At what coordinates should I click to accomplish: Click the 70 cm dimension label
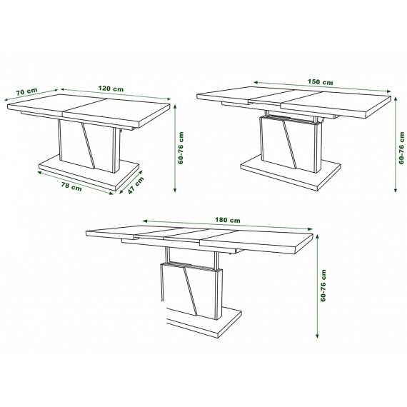pyautogui.click(x=26, y=91)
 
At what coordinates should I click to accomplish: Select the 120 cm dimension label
pyautogui.click(x=111, y=89)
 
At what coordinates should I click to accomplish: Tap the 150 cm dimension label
pyautogui.click(x=321, y=82)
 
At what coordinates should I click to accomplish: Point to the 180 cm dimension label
pyautogui.click(x=228, y=220)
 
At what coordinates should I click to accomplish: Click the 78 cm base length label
pyautogui.click(x=71, y=186)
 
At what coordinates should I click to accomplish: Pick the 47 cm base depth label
pyautogui.click(x=136, y=186)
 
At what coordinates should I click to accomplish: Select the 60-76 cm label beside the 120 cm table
pyautogui.click(x=181, y=148)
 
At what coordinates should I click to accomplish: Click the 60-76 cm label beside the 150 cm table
pyautogui.click(x=401, y=148)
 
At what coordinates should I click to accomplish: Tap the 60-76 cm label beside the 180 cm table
pyautogui.click(x=323, y=286)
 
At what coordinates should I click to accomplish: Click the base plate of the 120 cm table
pyautogui.click(x=89, y=174)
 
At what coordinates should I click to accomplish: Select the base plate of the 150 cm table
pyautogui.click(x=290, y=171)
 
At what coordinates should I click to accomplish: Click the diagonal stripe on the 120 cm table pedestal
pyautogui.click(x=89, y=146)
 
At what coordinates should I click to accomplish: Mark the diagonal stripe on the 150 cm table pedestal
pyautogui.click(x=289, y=144)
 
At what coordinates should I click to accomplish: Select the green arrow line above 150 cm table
pyautogui.click(x=322, y=86)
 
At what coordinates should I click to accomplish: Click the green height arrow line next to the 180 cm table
pyautogui.click(x=317, y=286)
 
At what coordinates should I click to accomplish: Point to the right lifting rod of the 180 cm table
pyautogui.click(x=216, y=261)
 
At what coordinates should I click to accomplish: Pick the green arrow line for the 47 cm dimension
pyautogui.click(x=131, y=182)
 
